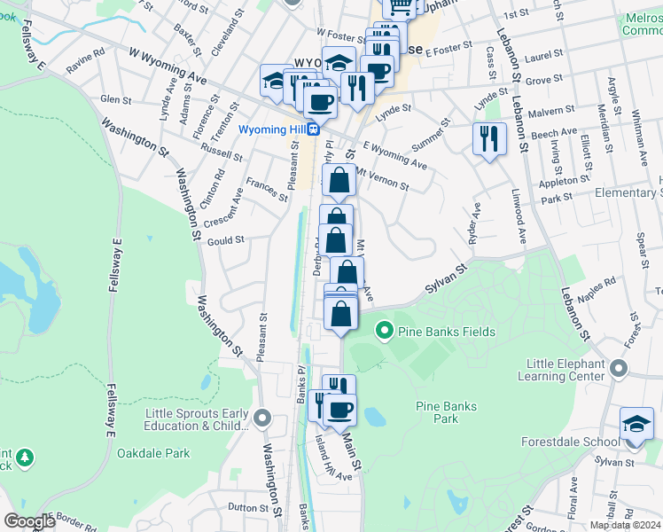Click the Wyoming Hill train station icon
[314, 129]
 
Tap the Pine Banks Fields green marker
[385, 332]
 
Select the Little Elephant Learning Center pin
[619, 367]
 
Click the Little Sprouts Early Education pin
[261, 417]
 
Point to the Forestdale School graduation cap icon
[636, 420]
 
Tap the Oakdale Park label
[153, 453]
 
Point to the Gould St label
[225, 240]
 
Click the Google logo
[29, 520]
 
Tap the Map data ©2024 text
[625, 525]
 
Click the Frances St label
[267, 189]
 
